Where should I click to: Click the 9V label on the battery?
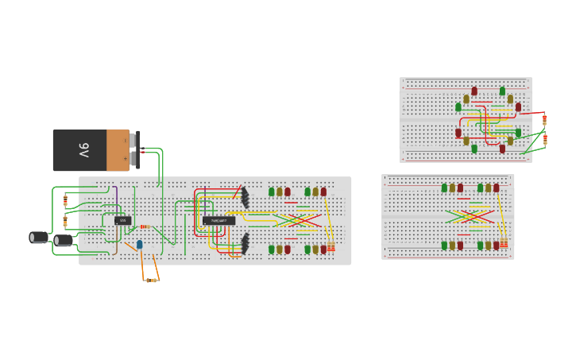click(x=84, y=149)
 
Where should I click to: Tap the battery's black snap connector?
click(x=137, y=149)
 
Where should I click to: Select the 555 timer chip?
click(x=123, y=220)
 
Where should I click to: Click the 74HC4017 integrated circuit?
click(x=218, y=220)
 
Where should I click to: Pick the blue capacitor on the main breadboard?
click(x=140, y=245)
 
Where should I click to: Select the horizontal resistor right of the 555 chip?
click(x=145, y=227)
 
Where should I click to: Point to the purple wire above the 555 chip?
click(x=116, y=199)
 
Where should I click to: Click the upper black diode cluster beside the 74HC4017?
click(x=245, y=197)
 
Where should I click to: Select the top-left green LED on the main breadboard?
click(x=271, y=192)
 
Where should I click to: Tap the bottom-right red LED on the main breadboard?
click(x=323, y=249)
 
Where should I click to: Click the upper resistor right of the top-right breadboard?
click(x=544, y=120)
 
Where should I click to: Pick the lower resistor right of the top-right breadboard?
click(x=544, y=140)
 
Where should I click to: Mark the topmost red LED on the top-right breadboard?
click(x=474, y=91)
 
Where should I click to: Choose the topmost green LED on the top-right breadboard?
click(x=502, y=91)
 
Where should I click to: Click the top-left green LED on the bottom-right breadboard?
click(x=444, y=188)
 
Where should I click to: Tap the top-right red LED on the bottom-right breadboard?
click(x=497, y=188)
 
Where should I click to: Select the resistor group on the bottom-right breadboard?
click(x=504, y=242)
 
